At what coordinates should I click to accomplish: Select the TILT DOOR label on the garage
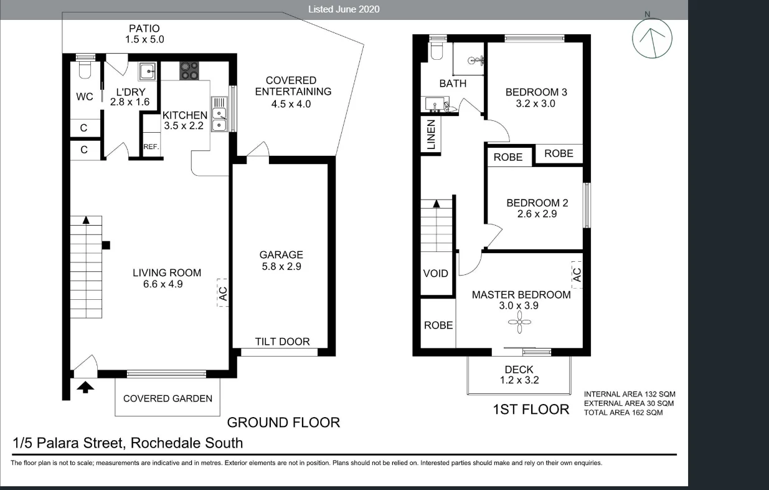pyautogui.click(x=282, y=342)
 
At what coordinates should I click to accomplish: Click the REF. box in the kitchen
pyautogui.click(x=151, y=147)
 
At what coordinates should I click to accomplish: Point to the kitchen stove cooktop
pyautogui.click(x=190, y=70)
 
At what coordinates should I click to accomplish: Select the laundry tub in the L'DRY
pyautogui.click(x=148, y=71)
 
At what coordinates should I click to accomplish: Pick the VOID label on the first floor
pyautogui.click(x=435, y=273)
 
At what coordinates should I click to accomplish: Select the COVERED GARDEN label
pyautogui.click(x=167, y=398)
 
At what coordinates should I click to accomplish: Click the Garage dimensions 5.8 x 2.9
pyautogui.click(x=281, y=266)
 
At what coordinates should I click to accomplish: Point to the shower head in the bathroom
pyautogui.click(x=478, y=60)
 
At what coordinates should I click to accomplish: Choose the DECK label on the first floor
pyautogui.click(x=519, y=370)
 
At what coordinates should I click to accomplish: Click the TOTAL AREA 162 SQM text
pyautogui.click(x=623, y=413)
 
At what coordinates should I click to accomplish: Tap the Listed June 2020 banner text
pyautogui.click(x=344, y=9)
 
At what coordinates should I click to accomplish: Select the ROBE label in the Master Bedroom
pyautogui.click(x=438, y=325)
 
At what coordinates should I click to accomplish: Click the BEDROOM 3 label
pyautogui.click(x=536, y=92)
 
